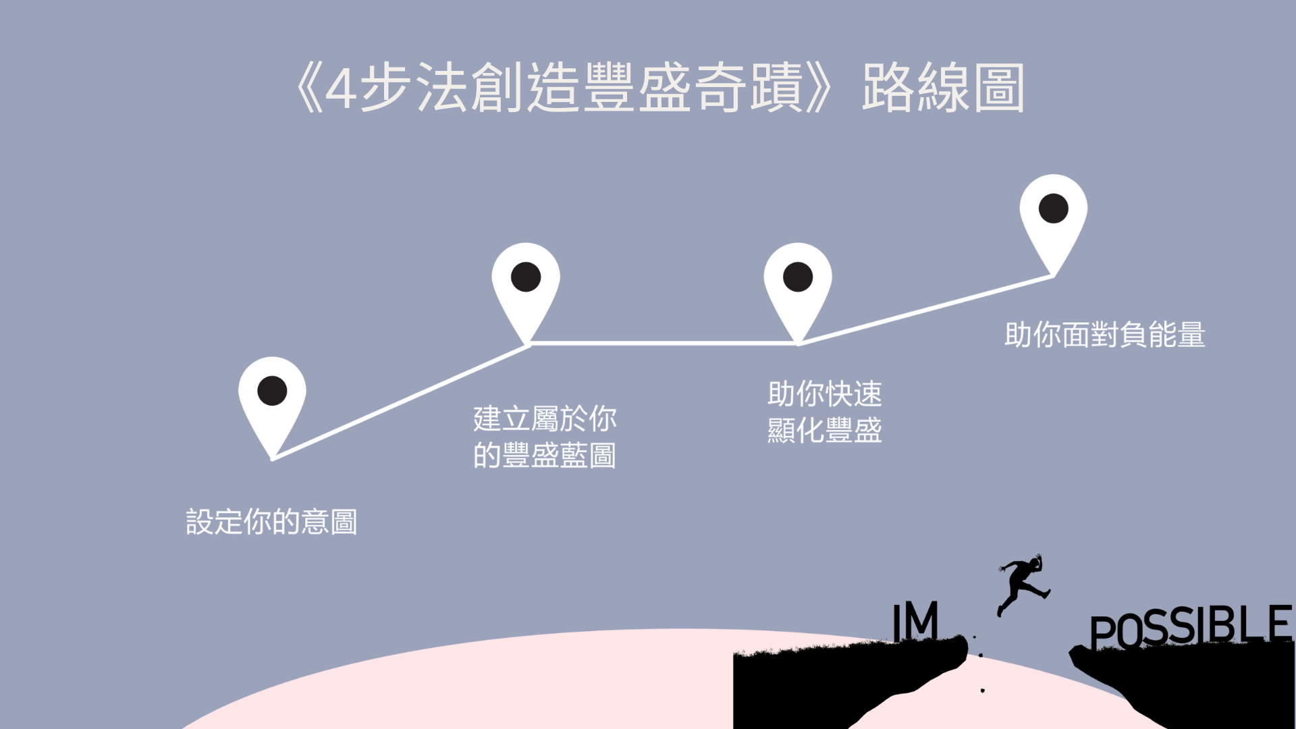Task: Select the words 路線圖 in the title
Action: [x=943, y=88]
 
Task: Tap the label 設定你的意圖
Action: [x=271, y=522]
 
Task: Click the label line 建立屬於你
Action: [x=545, y=418]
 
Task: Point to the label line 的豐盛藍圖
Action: [x=545, y=456]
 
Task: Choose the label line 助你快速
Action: [x=824, y=394]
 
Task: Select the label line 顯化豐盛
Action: [x=824, y=431]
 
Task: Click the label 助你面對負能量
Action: [x=1104, y=335]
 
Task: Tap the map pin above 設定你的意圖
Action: [x=272, y=398]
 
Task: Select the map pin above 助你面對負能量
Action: [x=1053, y=216]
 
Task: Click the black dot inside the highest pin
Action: [x=1053, y=208]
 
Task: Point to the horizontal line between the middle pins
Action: [x=661, y=344]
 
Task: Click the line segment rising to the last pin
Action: [x=925, y=310]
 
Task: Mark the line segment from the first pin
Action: [x=398, y=403]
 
